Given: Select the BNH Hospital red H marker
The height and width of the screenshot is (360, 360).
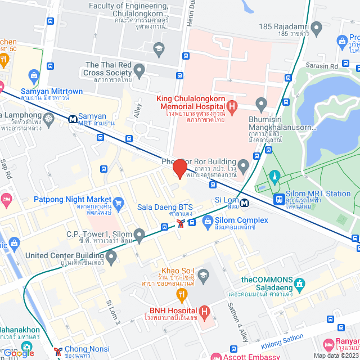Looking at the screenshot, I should click(x=204, y=310).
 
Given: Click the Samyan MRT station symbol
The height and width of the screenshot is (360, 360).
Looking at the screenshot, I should click(x=73, y=119).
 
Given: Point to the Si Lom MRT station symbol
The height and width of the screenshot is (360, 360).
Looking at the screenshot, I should click(x=245, y=202).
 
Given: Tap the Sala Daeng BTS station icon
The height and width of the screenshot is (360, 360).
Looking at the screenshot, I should click(x=181, y=223).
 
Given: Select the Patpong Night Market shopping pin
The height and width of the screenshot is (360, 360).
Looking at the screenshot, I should click(x=118, y=202).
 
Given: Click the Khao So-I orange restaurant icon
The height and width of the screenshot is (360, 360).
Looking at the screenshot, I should click(x=181, y=293).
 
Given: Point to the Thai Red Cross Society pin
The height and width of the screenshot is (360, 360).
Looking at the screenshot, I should click(x=139, y=70).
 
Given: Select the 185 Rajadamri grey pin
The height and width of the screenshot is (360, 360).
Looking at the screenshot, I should click(x=317, y=27).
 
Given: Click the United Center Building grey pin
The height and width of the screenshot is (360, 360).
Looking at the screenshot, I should click(x=111, y=258).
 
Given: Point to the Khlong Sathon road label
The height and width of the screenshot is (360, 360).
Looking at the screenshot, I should click(x=282, y=340).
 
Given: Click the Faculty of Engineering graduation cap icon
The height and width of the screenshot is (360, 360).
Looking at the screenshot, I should click(x=158, y=47).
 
